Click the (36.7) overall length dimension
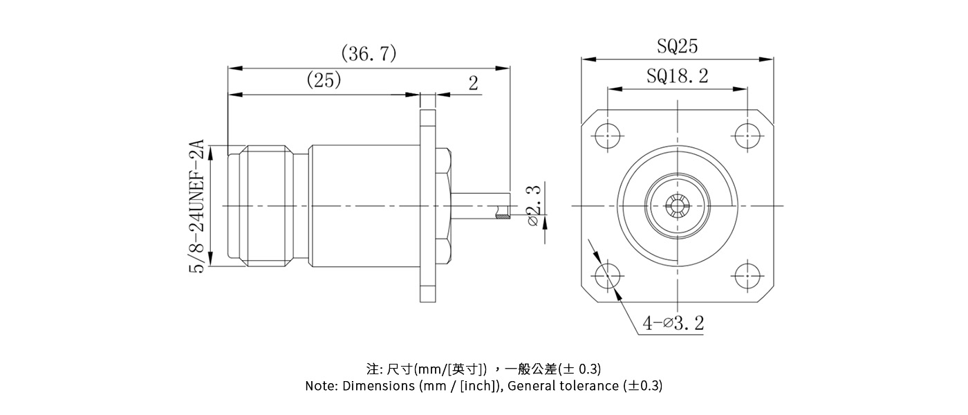pyautogui.click(x=369, y=54)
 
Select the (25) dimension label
pyautogui.click(x=324, y=81)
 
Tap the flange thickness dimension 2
pyautogui.click(x=473, y=84)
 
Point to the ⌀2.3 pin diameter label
pyautogui.click(x=534, y=205)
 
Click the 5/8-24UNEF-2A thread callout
pyautogui.click(x=198, y=206)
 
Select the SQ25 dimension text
pyautogui.click(x=677, y=46)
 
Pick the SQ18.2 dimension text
pyautogui.click(x=677, y=75)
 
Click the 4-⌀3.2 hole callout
pyautogui.click(x=673, y=323)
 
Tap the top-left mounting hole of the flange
pyautogui.click(x=609, y=134)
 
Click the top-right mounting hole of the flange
pyautogui.click(x=746, y=134)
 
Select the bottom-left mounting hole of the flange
pyautogui.click(x=609, y=272)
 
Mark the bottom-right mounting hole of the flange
pyautogui.click(x=746, y=272)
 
